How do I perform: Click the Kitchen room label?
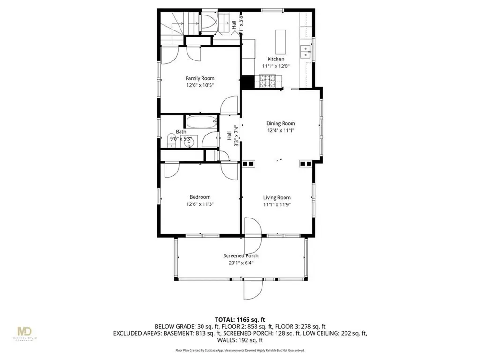(x=276, y=59)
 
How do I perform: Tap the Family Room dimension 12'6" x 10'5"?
(x=200, y=86)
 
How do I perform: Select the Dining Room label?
(x=281, y=123)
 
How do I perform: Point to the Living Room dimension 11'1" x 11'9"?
(x=277, y=205)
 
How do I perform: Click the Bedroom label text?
(x=200, y=197)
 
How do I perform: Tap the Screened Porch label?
(x=241, y=255)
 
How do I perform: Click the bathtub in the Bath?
(x=202, y=123)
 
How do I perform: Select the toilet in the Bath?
(x=171, y=139)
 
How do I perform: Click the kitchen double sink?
(x=306, y=52)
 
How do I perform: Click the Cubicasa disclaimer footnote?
(x=240, y=350)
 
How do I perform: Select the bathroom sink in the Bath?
(x=191, y=141)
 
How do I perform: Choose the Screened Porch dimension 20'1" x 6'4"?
(x=241, y=262)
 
